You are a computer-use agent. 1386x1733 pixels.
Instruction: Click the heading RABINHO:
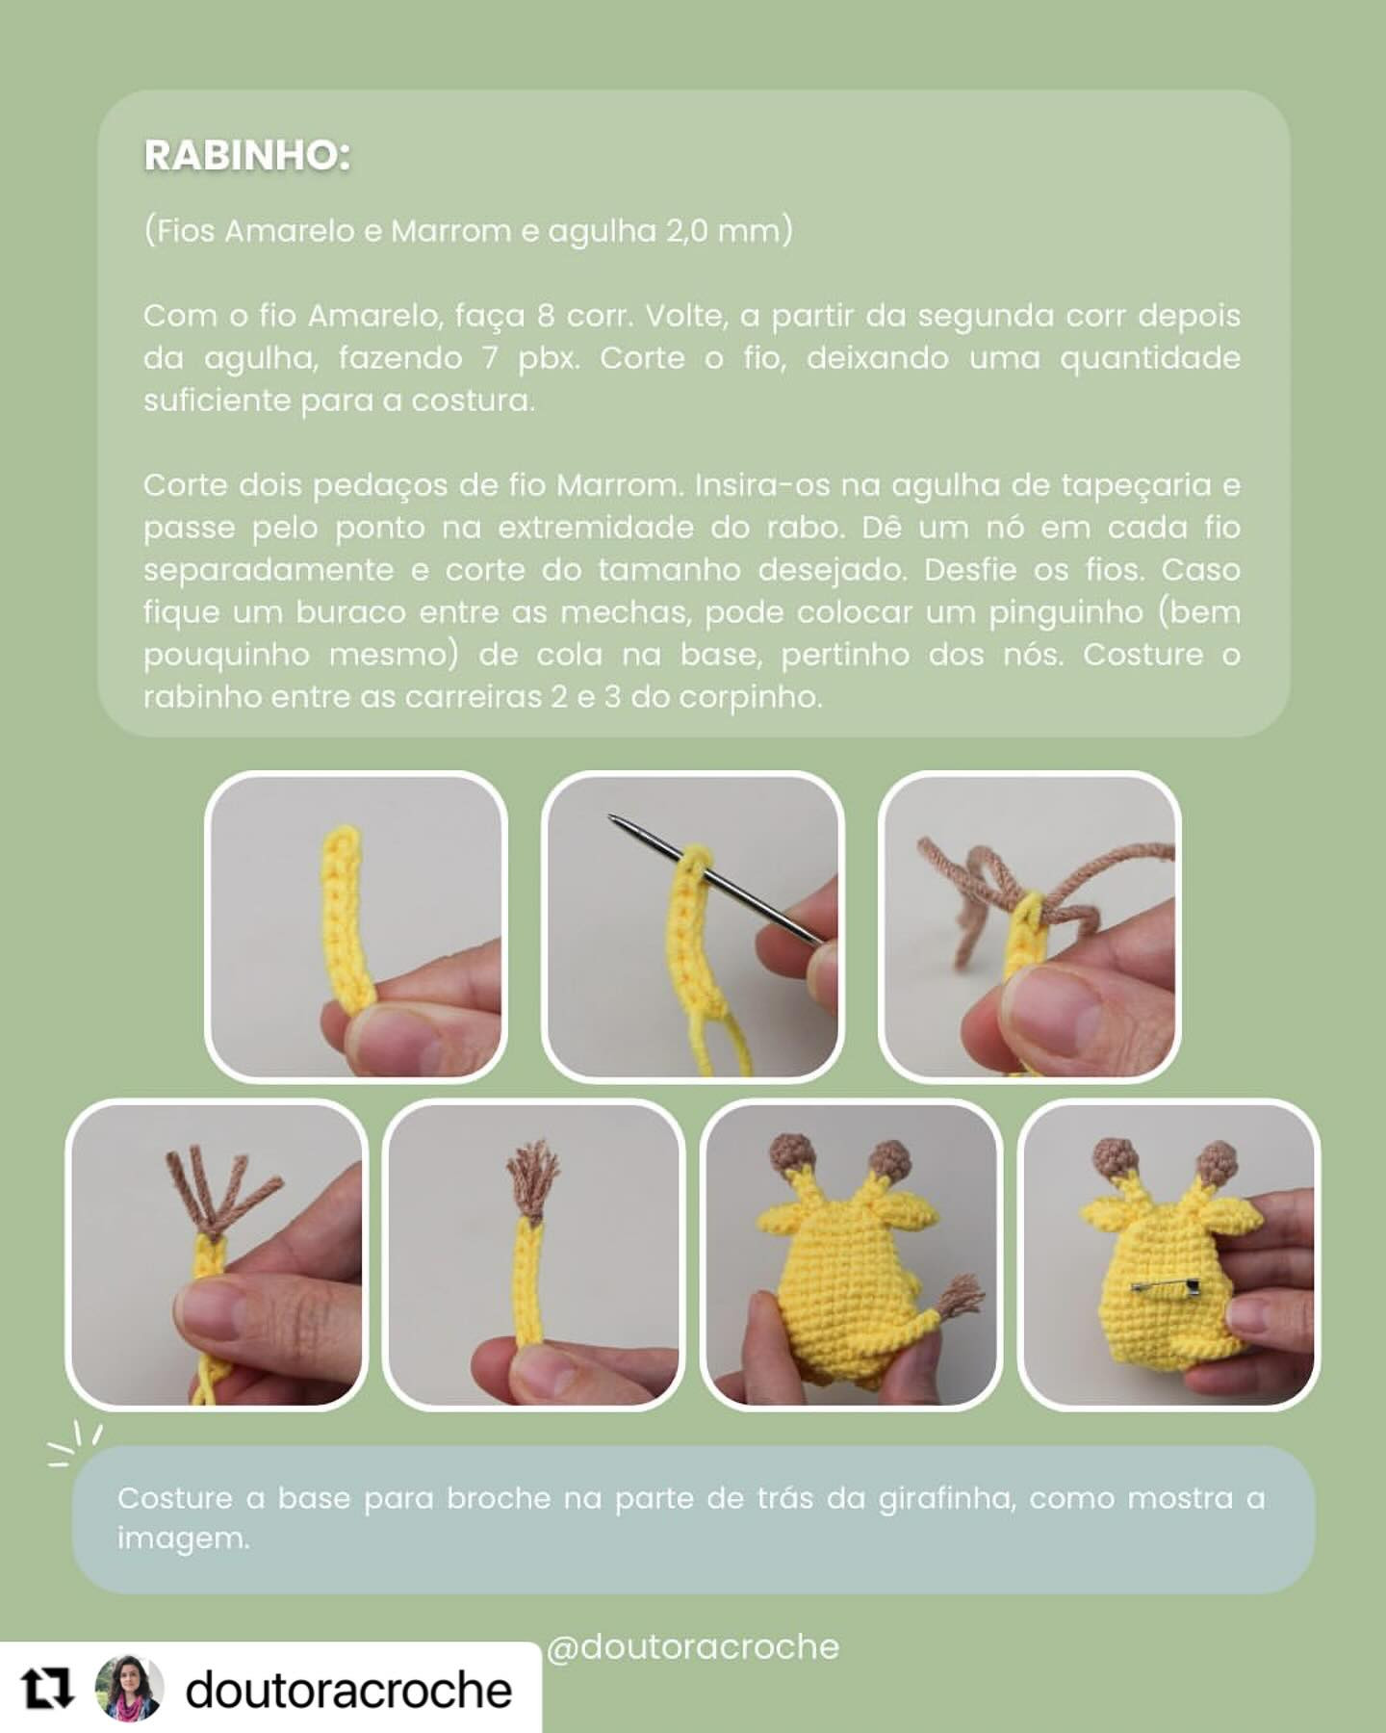pyautogui.click(x=246, y=156)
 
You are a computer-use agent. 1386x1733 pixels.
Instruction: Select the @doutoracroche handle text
pyautogui.click(x=693, y=1647)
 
